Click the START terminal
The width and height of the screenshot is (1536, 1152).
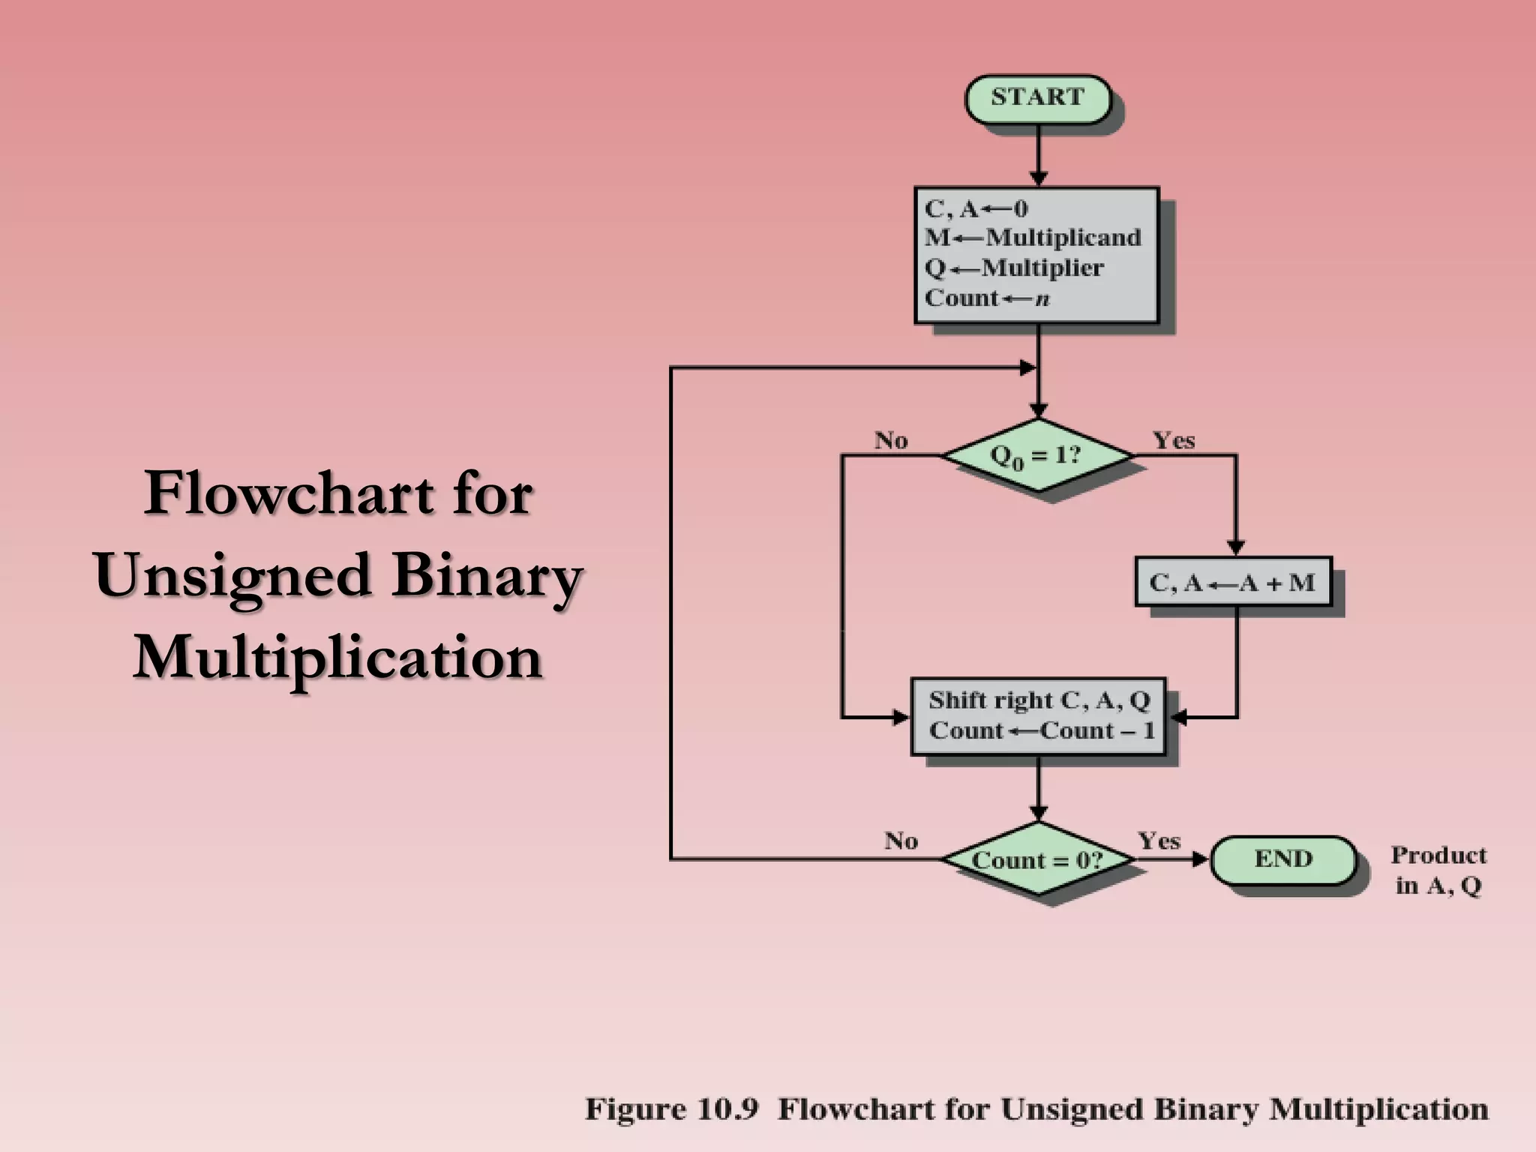pyautogui.click(x=1037, y=98)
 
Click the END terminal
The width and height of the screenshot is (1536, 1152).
pyautogui.click(x=1283, y=859)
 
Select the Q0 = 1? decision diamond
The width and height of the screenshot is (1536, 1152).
pyautogui.click(x=1037, y=455)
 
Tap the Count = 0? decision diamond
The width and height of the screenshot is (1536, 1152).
pyautogui.click(x=1037, y=859)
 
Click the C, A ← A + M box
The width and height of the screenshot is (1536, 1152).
pyautogui.click(x=1233, y=582)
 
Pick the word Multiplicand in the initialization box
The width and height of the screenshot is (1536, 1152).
pyautogui.click(x=1063, y=238)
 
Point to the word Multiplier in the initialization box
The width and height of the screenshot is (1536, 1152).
pyautogui.click(x=1042, y=268)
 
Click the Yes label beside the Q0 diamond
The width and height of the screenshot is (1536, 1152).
pyautogui.click(x=1174, y=440)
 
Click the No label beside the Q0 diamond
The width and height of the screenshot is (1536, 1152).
pyautogui.click(x=891, y=440)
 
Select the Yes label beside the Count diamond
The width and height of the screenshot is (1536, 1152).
pyautogui.click(x=1159, y=841)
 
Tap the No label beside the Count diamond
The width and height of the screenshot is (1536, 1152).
pyautogui.click(x=901, y=841)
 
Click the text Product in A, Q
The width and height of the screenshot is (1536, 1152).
pyautogui.click(x=1438, y=871)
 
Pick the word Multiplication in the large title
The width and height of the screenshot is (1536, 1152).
pyautogui.click(x=338, y=658)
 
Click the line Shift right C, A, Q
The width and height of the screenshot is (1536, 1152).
pyautogui.click(x=1039, y=700)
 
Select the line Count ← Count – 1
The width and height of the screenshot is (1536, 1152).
pyautogui.click(x=1041, y=730)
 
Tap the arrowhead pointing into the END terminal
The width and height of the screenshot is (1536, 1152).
pyautogui.click(x=1200, y=859)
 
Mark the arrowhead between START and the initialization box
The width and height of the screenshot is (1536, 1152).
pyautogui.click(x=1038, y=178)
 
